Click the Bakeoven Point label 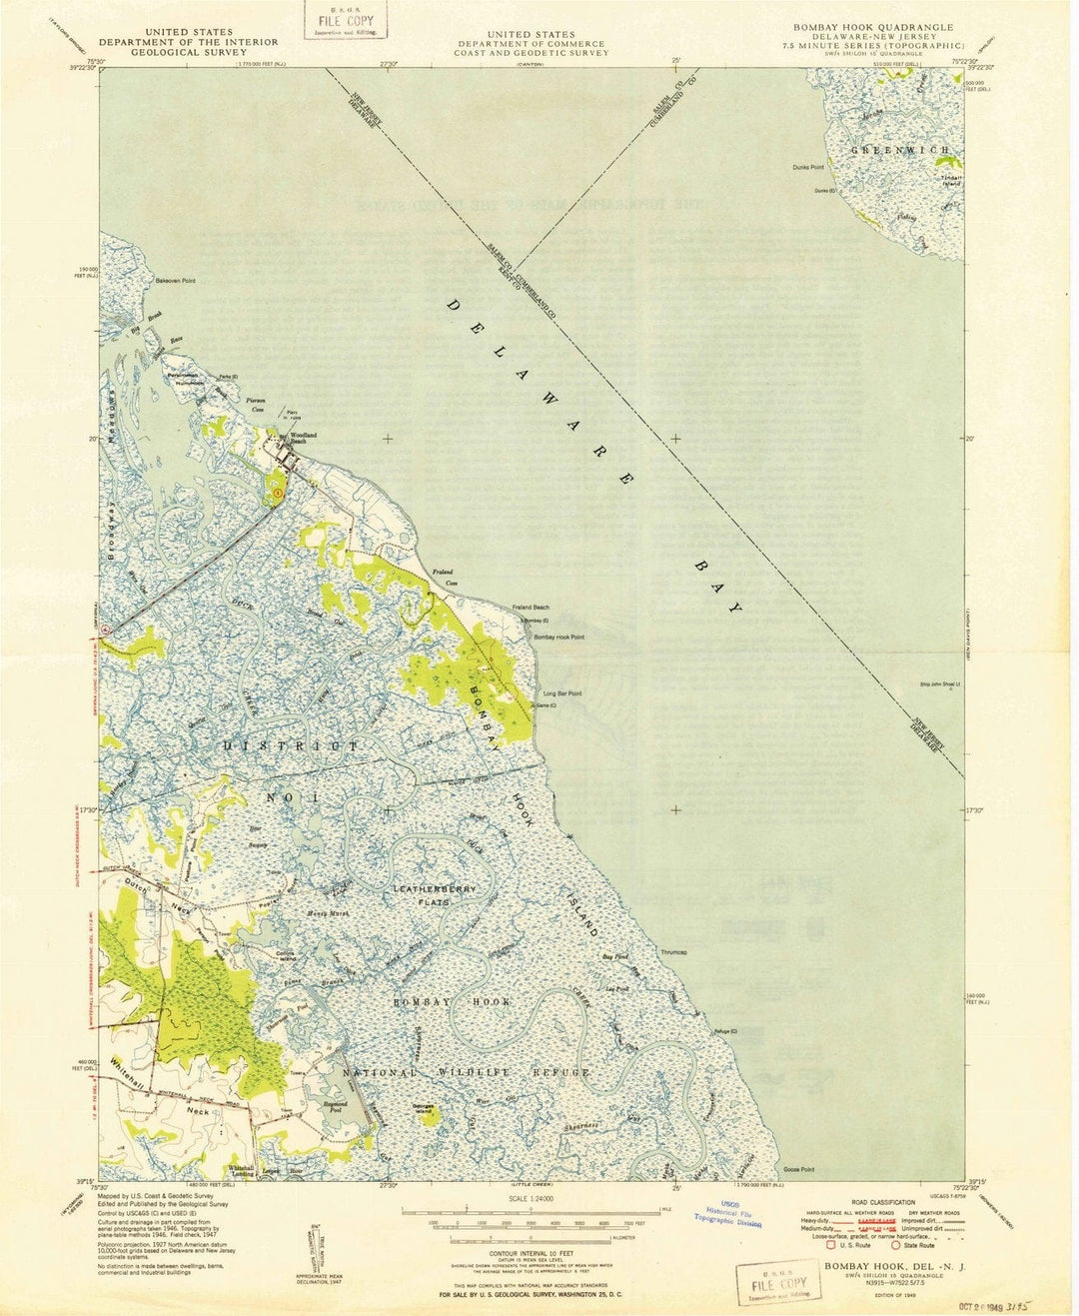[x=175, y=281]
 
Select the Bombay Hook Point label [x=558, y=637]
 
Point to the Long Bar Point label [x=561, y=693]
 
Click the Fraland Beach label [x=531, y=608]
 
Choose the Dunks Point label [x=808, y=167]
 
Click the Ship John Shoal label [x=939, y=684]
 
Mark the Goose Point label [x=799, y=1169]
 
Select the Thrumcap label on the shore [x=673, y=952]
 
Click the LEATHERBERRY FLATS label [x=435, y=894]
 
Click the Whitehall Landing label [x=241, y=1170]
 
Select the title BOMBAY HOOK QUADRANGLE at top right [x=873, y=28]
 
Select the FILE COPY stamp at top [x=345, y=21]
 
